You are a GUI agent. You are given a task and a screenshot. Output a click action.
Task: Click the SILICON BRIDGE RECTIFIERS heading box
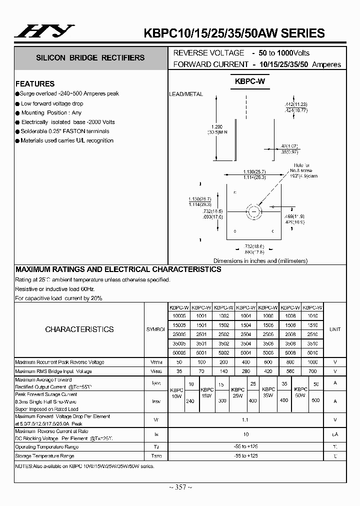click(90, 57)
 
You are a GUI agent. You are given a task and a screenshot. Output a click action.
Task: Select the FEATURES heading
click(35, 83)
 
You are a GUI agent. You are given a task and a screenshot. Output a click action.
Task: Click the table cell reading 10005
click(178, 316)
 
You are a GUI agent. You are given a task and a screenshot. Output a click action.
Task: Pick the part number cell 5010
click(312, 352)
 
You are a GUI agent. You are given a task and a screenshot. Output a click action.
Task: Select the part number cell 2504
click(245, 334)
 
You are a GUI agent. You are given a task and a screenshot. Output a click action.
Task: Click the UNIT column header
click(334, 329)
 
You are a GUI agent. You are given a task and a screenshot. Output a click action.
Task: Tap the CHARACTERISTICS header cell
click(79, 329)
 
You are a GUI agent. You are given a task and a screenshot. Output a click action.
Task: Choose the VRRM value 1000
click(312, 362)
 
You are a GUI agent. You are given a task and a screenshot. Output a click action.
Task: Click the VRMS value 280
click(245, 371)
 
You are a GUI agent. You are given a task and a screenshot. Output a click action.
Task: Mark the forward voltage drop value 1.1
click(245, 420)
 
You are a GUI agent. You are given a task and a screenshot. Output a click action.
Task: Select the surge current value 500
click(315, 400)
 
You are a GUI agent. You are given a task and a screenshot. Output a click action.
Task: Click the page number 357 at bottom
click(179, 487)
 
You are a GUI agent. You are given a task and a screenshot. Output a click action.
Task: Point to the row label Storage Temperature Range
click(44, 456)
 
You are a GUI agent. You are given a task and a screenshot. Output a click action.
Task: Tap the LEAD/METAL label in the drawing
click(185, 94)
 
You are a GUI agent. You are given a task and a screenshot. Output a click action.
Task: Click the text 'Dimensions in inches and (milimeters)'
click(260, 260)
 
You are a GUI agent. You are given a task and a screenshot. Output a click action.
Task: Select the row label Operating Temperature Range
click(46, 446)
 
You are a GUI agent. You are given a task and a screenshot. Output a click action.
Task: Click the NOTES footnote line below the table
click(85, 465)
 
